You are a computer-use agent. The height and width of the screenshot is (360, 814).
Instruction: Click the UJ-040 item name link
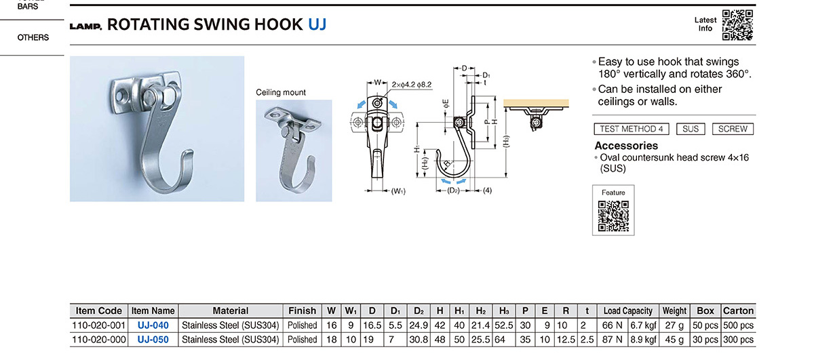click(x=153, y=325)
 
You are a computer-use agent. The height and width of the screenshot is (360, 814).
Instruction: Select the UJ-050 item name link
click(x=153, y=340)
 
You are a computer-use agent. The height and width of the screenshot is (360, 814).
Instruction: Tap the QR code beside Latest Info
click(x=737, y=24)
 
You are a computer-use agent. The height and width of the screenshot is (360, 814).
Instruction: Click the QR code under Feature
click(x=613, y=216)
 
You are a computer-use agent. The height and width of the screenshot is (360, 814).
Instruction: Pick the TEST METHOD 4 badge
click(x=632, y=129)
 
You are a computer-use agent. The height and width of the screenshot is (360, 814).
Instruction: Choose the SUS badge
click(x=691, y=129)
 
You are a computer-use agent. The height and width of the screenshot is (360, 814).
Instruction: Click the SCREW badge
click(x=733, y=129)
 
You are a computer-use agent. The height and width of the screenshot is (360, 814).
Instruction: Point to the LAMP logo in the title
click(x=85, y=26)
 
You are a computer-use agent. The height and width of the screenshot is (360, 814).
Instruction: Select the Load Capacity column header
click(x=628, y=311)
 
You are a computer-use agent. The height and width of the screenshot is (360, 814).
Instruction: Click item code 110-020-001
click(x=99, y=325)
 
